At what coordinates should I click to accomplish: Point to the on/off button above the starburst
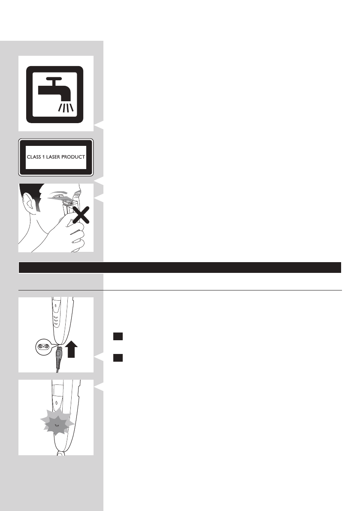(56, 402)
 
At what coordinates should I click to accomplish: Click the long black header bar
(180, 267)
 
